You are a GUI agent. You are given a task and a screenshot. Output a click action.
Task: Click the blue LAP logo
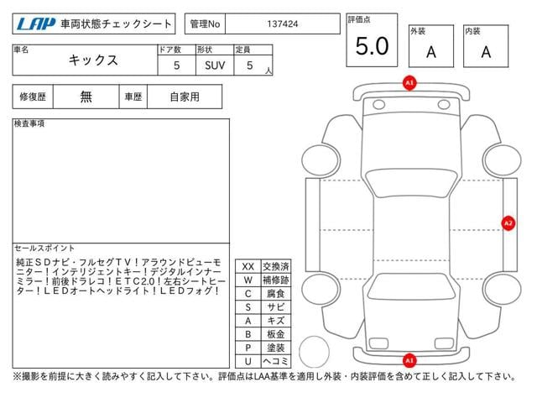[x=36, y=24]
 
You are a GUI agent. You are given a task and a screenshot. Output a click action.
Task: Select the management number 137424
[x=283, y=24]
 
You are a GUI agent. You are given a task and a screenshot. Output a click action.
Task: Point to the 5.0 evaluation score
[x=372, y=46]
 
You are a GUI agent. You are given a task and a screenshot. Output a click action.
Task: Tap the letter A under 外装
[x=431, y=52]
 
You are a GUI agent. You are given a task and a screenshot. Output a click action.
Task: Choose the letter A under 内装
[x=486, y=52]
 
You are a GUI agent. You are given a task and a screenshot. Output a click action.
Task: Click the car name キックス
[x=93, y=60]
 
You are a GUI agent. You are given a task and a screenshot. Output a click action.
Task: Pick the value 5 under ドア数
[x=176, y=65]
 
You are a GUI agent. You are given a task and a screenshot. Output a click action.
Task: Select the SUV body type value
[x=215, y=65]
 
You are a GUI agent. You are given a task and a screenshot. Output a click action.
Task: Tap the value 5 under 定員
[x=250, y=65]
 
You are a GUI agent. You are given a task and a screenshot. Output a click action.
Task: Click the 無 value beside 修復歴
[x=86, y=97]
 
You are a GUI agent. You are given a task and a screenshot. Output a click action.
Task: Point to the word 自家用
[x=185, y=97]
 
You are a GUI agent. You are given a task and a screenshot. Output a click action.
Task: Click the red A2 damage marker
[x=508, y=223]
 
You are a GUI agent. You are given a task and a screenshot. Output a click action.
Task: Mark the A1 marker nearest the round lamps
[x=409, y=83]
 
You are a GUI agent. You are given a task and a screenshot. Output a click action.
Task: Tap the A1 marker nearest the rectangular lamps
[x=409, y=360]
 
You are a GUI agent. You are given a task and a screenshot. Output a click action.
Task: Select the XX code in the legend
[x=248, y=267]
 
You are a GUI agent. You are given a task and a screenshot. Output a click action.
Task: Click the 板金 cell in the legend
[x=276, y=334]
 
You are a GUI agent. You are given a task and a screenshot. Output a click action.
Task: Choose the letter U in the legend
[x=248, y=361]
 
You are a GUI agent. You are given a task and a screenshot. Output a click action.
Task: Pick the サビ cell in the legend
[x=276, y=307]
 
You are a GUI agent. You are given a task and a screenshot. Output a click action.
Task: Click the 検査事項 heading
[x=29, y=123]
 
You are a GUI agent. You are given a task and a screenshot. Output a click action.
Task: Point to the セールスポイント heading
[x=44, y=249]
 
